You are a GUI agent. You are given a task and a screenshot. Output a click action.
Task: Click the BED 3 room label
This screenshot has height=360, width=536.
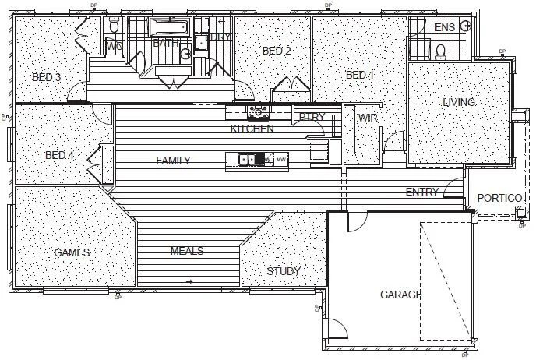(x=47, y=77)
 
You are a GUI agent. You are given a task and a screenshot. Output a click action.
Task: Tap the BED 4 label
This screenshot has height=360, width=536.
(x=59, y=155)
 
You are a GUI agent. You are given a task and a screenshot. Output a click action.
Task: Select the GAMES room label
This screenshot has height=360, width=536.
(x=72, y=252)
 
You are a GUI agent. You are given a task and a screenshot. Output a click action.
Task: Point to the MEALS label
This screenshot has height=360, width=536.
(x=187, y=251)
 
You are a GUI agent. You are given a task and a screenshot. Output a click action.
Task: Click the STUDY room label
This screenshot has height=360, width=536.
(x=284, y=271)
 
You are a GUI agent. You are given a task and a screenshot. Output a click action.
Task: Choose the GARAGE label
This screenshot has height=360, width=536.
(x=400, y=295)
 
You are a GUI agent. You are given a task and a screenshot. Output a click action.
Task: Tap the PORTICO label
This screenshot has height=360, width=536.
(x=499, y=198)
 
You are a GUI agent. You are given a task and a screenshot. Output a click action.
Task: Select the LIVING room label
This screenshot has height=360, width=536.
(x=459, y=102)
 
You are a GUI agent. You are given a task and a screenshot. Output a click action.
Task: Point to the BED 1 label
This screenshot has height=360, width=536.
(x=360, y=75)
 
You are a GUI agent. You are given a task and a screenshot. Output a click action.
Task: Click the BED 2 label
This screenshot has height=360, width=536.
(x=277, y=51)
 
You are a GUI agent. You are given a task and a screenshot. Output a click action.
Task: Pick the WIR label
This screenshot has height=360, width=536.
(x=368, y=118)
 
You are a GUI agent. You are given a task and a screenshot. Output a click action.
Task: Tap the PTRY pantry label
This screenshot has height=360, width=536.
(x=312, y=117)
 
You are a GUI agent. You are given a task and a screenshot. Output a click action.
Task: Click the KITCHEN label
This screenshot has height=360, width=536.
(x=252, y=129)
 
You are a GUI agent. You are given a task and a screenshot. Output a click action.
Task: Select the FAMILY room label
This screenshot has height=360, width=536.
(x=173, y=161)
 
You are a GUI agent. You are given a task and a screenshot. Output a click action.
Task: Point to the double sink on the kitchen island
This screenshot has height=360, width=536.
(x=249, y=160)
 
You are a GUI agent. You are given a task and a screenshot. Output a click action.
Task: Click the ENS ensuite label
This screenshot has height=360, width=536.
(x=444, y=28)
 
